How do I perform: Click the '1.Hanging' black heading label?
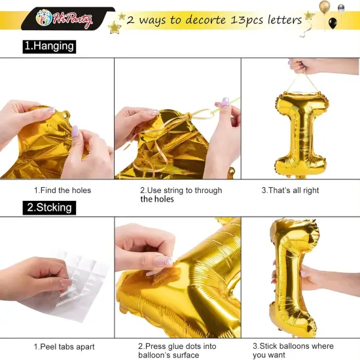pos(48,47)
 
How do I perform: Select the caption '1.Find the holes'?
pos(62,190)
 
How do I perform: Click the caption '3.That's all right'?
pos(290,190)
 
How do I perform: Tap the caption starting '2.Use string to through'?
pos(181,194)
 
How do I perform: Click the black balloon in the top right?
pos(333,24)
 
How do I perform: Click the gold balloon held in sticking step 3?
pos(293,275)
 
